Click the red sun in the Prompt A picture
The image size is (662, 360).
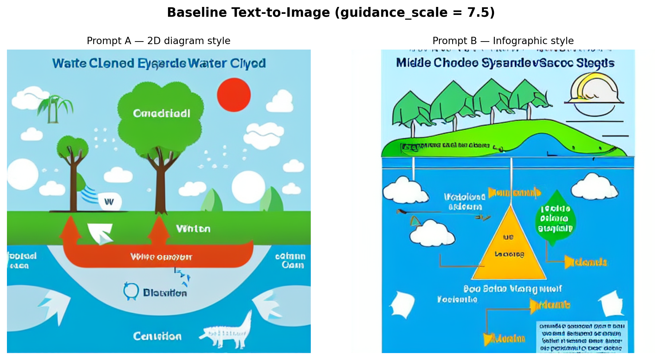pyautogui.click(x=234, y=95)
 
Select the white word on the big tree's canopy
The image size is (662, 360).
pyautogui.click(x=161, y=113)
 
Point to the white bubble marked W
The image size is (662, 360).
pyautogui.click(x=109, y=201)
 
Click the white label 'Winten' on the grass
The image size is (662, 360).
pyautogui.click(x=193, y=229)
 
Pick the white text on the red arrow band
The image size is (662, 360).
pyautogui.click(x=161, y=257)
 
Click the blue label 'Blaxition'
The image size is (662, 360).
pyautogui.click(x=165, y=293)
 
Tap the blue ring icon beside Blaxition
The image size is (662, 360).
pyautogui.click(x=131, y=291)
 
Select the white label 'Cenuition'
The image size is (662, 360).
pyautogui.click(x=157, y=336)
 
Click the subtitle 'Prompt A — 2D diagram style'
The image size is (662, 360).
pyautogui.click(x=158, y=41)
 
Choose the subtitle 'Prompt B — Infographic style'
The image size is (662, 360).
pyautogui.click(x=503, y=41)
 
